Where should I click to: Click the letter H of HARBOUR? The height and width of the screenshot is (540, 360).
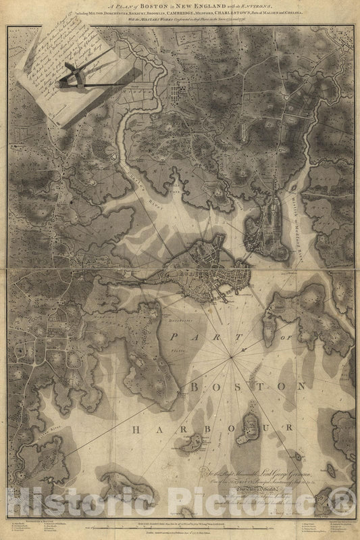tap(137, 429)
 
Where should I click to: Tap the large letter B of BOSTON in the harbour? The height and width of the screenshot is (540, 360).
tap(195, 387)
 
